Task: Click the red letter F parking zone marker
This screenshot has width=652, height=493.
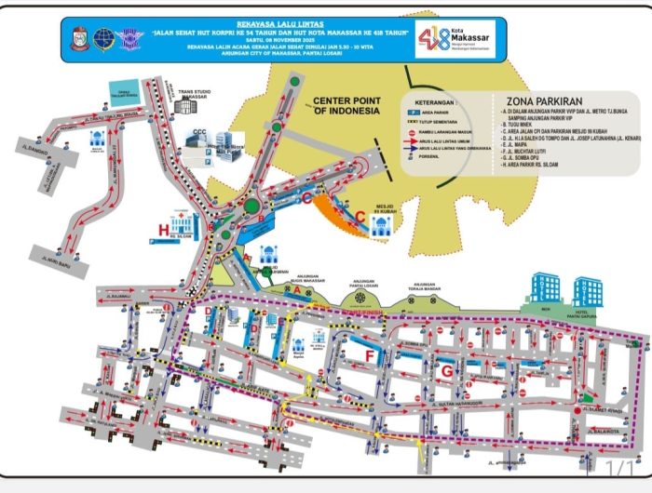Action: (370, 355)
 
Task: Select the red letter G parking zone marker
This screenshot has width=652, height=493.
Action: (446, 371)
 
